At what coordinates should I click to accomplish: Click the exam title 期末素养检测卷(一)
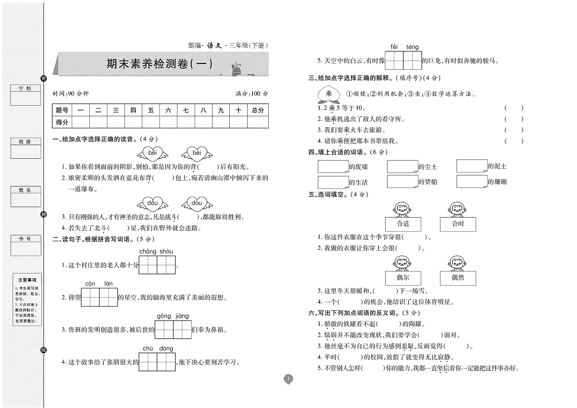[x=159, y=63]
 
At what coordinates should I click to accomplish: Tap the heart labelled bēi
[x=153, y=153]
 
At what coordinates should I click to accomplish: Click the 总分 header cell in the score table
[x=258, y=110]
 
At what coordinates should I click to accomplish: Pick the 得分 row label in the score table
[x=62, y=122]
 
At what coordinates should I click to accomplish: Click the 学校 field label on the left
[x=25, y=89]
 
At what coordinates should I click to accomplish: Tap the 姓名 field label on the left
[x=25, y=190]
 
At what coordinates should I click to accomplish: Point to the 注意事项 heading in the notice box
[x=27, y=280]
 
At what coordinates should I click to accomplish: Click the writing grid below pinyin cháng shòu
[x=157, y=265]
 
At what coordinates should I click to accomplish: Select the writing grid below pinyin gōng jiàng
[x=173, y=330]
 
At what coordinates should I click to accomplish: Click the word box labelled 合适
[x=403, y=224]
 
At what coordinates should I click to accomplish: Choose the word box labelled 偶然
[x=458, y=278]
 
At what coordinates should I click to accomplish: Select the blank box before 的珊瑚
[x=472, y=181]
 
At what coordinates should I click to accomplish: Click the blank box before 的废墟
[x=333, y=166]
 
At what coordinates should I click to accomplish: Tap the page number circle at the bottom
[x=288, y=379]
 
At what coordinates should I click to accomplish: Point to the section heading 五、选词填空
[x=331, y=194]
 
